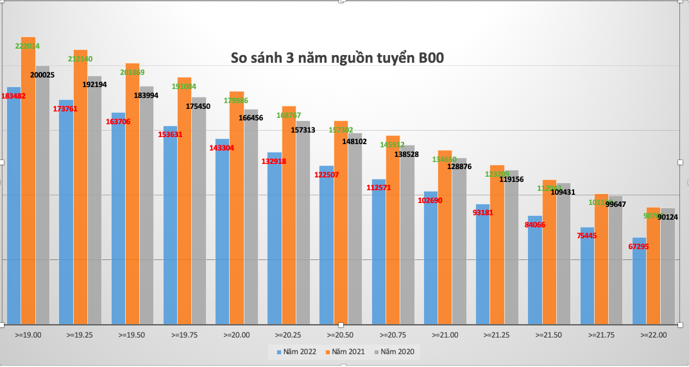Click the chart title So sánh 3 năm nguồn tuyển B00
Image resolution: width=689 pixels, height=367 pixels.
[337, 58]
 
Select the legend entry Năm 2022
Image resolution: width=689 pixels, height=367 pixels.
[297, 352]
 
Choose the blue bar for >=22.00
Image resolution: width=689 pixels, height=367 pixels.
[640, 282]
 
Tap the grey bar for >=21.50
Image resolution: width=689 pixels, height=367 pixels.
[563, 256]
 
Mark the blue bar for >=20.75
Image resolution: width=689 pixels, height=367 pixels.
[379, 256]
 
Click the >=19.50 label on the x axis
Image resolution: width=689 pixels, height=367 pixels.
[132, 335]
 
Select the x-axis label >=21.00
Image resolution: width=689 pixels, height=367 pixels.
[445, 335]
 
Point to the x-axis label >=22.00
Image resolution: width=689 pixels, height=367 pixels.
[653, 335]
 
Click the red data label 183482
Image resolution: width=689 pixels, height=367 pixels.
[13, 96]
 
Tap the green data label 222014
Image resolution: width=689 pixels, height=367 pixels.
[28, 46]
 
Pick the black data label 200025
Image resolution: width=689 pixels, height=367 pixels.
[42, 75]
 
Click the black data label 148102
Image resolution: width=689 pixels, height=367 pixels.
[355, 142]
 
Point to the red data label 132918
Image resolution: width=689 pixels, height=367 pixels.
[274, 161]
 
